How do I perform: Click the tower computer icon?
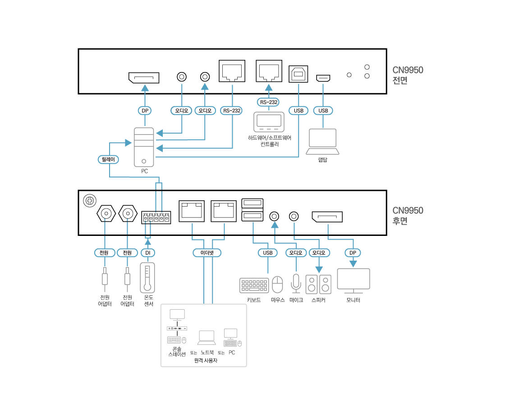coord(144,147)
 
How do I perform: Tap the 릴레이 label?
coord(108,159)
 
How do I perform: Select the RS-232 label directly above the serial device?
coord(268,102)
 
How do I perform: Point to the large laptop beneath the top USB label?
coord(322,141)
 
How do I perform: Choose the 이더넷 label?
coord(207,253)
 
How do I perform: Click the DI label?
coord(147,253)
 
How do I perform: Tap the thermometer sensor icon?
coord(147,278)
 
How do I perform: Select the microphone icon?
coord(296,283)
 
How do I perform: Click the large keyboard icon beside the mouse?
coord(254,285)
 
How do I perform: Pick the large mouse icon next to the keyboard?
coord(277,285)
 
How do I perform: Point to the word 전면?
coord(400,81)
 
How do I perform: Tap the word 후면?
coord(400,221)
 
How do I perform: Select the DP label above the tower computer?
coord(144,110)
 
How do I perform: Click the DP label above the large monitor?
coord(353,253)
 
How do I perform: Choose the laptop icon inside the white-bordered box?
coord(207,338)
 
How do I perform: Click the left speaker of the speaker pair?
coord(312,285)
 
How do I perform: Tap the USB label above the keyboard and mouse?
coord(267,253)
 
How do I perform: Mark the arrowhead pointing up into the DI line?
coord(148,242)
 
